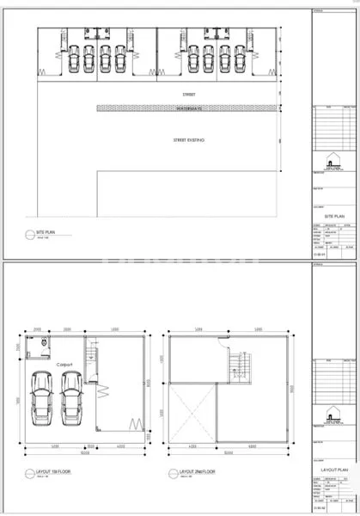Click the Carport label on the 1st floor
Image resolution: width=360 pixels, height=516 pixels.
coord(66,365)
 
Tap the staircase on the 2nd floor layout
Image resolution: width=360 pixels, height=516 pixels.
coord(241,370)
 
